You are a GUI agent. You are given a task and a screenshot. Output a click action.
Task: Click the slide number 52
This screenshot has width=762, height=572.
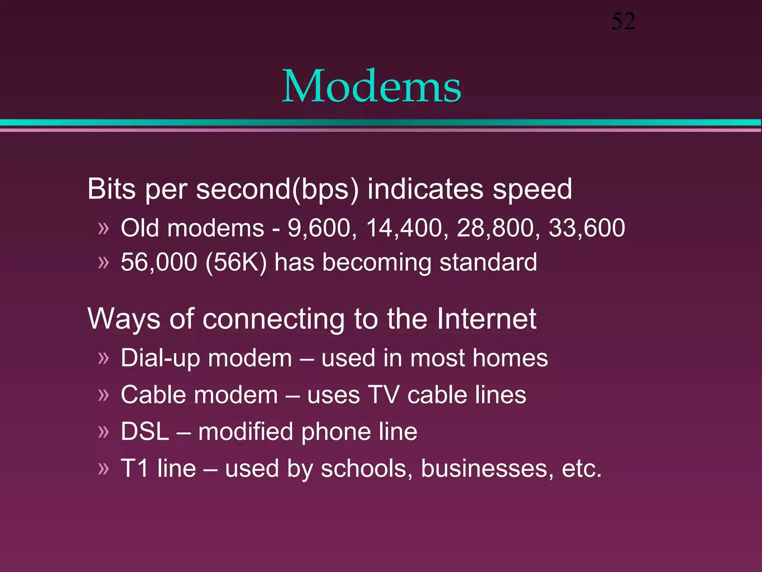click(x=623, y=22)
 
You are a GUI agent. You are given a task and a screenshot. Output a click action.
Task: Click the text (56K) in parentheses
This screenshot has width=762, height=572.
click(x=236, y=262)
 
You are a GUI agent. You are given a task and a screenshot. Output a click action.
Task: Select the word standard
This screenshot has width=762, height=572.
click(x=488, y=262)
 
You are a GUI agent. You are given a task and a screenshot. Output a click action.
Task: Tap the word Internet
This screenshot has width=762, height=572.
click(x=486, y=319)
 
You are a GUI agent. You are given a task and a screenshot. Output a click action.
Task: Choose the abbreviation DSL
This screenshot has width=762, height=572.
click(x=145, y=432)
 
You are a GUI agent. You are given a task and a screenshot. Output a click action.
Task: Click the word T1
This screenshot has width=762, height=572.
click(x=135, y=468)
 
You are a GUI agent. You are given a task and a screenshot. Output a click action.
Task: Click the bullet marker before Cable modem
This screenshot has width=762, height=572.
click(x=103, y=395)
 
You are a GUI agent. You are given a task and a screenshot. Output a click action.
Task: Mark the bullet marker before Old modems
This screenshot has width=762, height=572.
click(x=103, y=228)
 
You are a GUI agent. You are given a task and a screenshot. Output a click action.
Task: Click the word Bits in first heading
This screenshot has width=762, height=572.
click(x=111, y=189)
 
